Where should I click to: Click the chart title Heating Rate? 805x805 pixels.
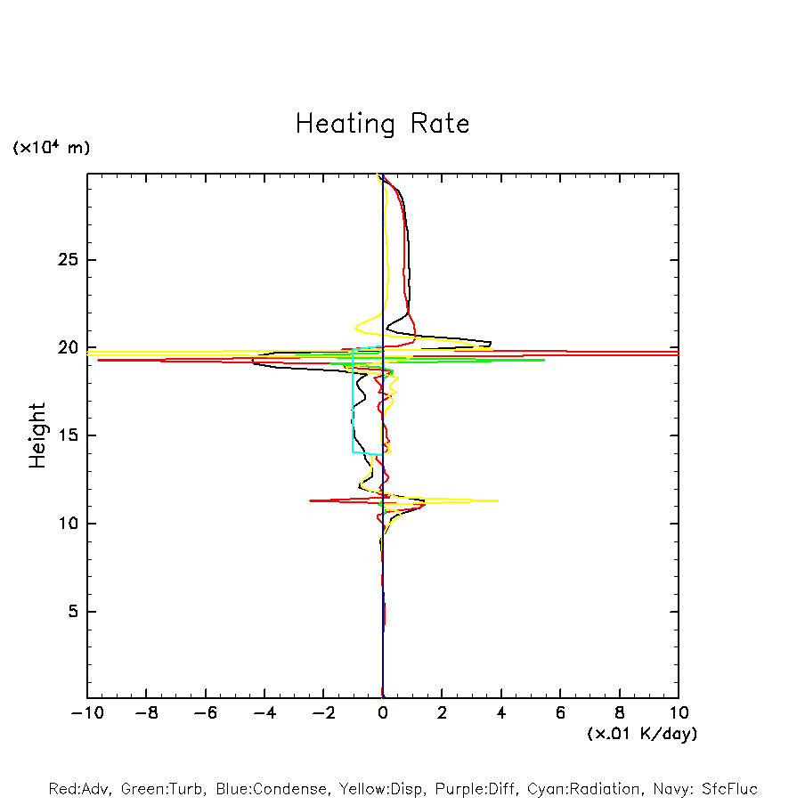coord(382,124)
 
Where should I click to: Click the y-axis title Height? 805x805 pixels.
coord(37,435)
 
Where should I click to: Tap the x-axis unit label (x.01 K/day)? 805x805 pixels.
coord(641,734)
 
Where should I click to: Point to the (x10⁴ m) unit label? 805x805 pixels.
coord(51,148)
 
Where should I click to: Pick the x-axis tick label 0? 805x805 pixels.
coord(383,712)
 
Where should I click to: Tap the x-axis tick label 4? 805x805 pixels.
coord(501,712)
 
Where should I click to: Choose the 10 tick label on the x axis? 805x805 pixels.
coord(678,712)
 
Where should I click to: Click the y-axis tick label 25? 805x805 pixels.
coord(65,260)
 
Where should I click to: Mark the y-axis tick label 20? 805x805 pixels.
coord(65,347)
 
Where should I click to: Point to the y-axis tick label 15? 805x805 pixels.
coord(65,435)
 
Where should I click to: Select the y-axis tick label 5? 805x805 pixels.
coord(70,612)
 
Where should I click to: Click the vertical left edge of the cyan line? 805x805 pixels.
coord(353,401)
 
